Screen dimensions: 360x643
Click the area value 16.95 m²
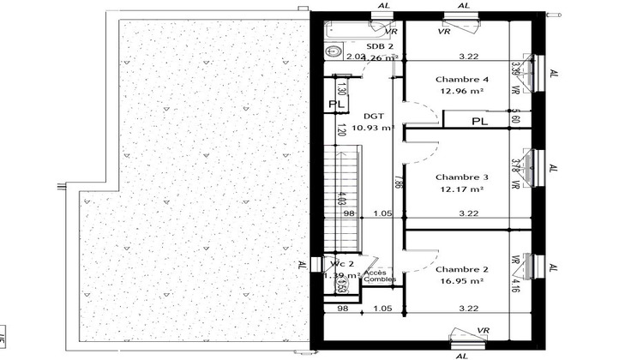pos(461,279)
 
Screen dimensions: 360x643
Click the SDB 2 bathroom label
pos(380,46)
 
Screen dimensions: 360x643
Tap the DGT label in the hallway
pos(373,116)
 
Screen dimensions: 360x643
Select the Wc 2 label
pos(336,264)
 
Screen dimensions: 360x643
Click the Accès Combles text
pos(380,275)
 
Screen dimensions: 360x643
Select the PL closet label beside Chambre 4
pos(480,122)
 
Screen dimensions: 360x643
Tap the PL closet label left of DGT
pos(337,105)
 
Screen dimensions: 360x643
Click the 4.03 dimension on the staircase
pos(343,202)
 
